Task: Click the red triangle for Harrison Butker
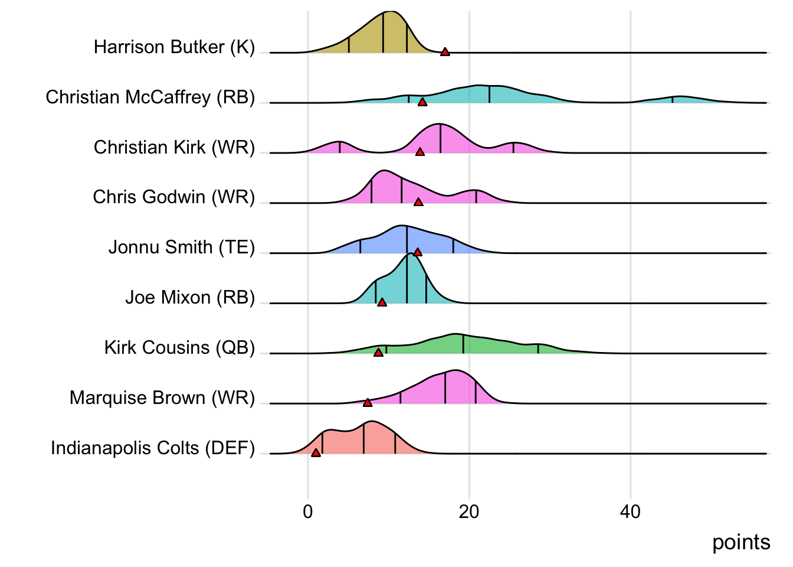tap(445, 52)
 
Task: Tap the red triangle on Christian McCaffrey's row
tap(422, 102)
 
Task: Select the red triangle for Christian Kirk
tap(420, 152)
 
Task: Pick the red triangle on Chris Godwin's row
tap(418, 202)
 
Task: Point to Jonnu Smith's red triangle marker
tap(418, 252)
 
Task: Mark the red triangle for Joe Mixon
tap(382, 302)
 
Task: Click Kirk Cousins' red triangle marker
tap(378, 353)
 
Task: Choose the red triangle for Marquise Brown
tap(368, 403)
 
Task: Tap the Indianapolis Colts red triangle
tap(316, 453)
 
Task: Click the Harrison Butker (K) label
tap(174, 47)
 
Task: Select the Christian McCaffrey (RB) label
tap(150, 97)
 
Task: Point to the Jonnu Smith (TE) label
tap(181, 247)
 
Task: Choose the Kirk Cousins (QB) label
tap(179, 348)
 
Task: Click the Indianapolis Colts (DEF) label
tap(152, 448)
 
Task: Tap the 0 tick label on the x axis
tap(308, 511)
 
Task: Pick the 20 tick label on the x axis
tap(469, 511)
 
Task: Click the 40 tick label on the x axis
tap(630, 511)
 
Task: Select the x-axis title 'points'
tap(741, 542)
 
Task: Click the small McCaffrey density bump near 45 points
tap(679, 99)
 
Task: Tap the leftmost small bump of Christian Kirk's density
tap(339, 147)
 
